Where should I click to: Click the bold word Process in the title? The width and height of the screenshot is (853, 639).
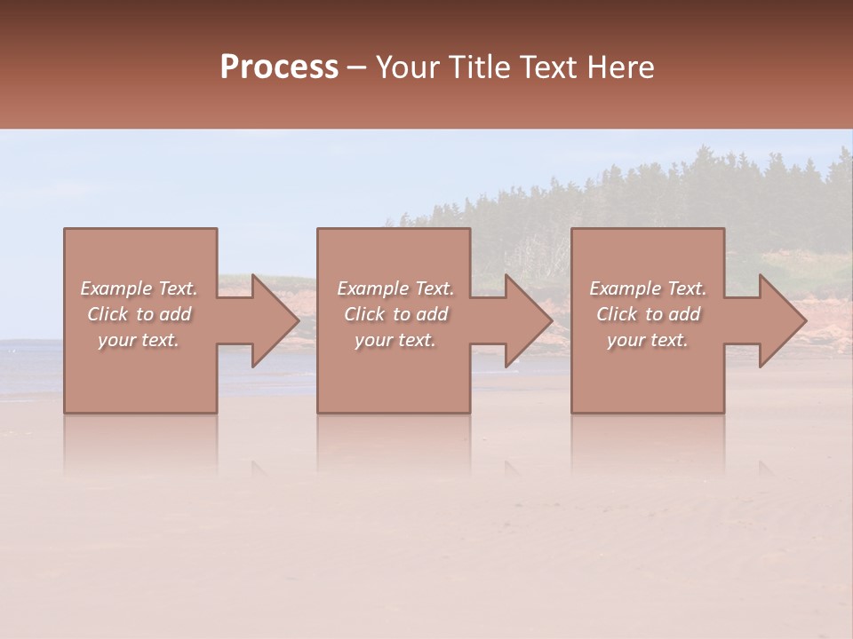coord(279,67)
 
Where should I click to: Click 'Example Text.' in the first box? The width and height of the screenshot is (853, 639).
coord(140,288)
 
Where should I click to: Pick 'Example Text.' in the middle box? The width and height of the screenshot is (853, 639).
coord(395,288)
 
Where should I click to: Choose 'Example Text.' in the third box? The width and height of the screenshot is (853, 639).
coord(648,288)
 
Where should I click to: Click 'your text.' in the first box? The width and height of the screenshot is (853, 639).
coord(139,340)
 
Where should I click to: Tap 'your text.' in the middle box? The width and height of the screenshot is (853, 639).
coord(395,340)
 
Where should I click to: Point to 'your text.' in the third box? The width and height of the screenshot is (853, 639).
coord(648,340)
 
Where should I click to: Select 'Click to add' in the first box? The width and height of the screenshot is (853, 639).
coord(140,314)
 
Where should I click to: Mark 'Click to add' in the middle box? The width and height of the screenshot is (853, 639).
coord(395,314)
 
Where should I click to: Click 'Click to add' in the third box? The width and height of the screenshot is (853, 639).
coord(648,314)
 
